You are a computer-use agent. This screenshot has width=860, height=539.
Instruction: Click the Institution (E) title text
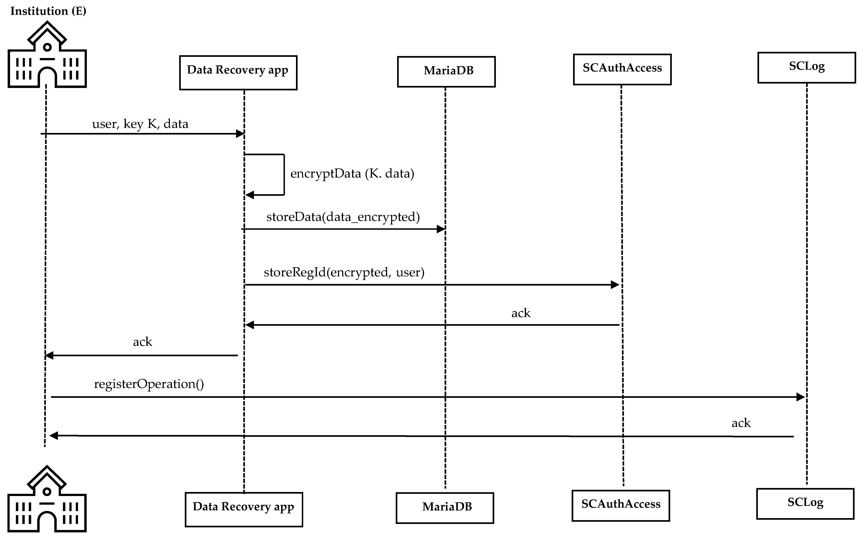48,11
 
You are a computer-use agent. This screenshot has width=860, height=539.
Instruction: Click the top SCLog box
807,67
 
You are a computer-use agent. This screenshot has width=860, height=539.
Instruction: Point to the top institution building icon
47,55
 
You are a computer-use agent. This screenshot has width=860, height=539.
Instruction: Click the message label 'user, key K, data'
140,124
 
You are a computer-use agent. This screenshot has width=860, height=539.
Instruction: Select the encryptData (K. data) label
352,174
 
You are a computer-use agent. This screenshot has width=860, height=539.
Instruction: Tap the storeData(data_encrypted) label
343,217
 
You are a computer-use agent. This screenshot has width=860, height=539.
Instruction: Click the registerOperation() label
149,384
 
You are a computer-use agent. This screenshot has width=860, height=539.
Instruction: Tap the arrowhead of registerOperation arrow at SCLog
800,397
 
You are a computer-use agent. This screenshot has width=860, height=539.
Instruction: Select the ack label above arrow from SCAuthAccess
521,313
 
